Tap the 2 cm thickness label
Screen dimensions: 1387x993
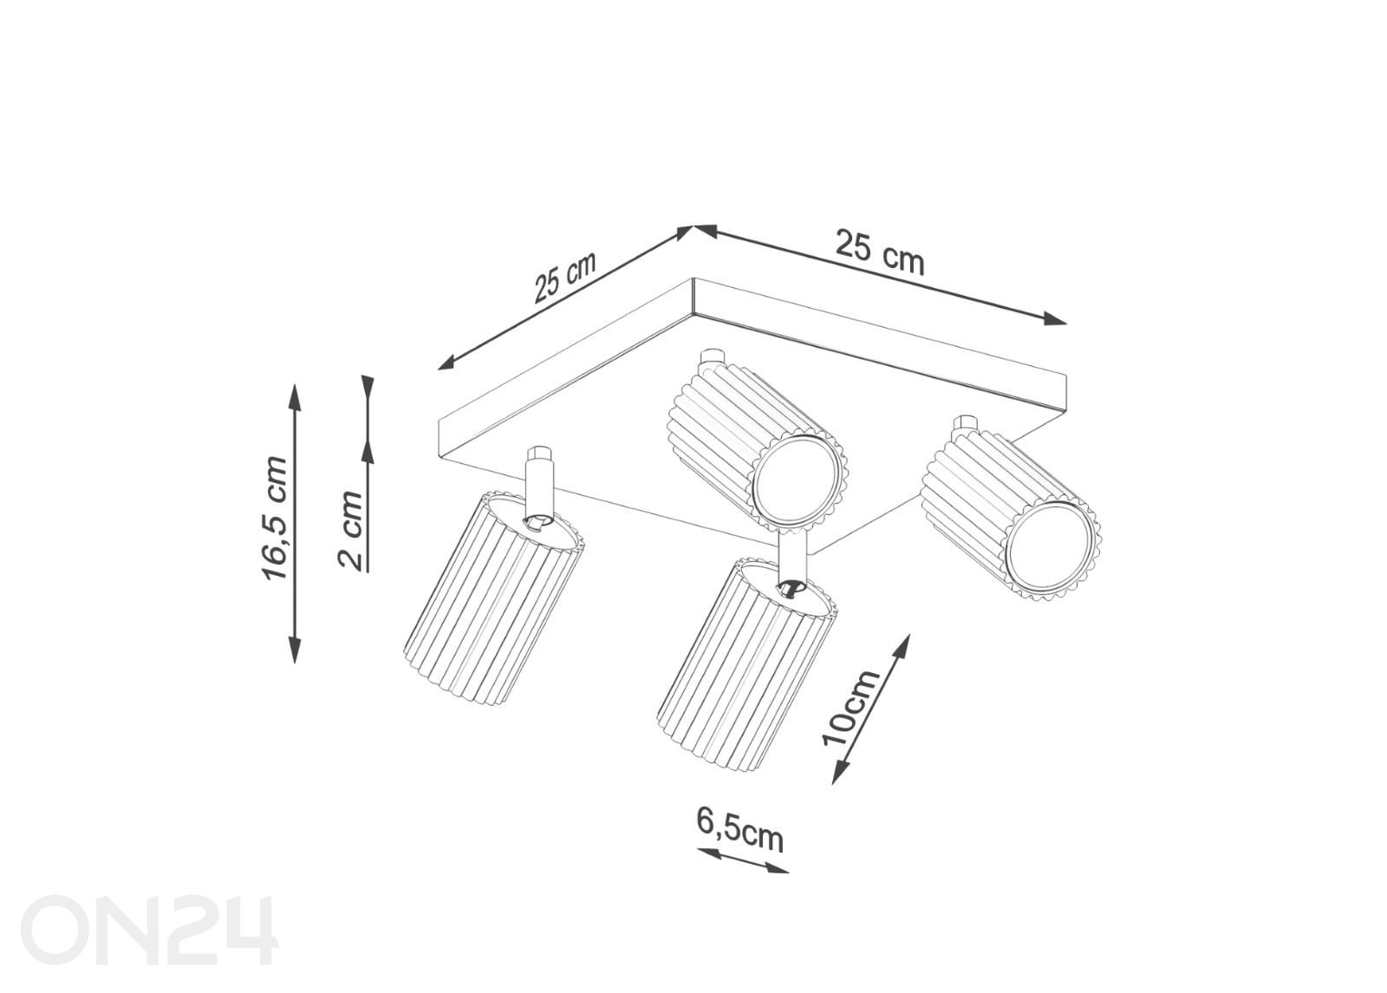click(351, 529)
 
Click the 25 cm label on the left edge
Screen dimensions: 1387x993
click(564, 277)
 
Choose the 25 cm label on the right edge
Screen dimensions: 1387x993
click(880, 252)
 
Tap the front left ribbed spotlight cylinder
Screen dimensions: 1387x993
click(493, 596)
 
